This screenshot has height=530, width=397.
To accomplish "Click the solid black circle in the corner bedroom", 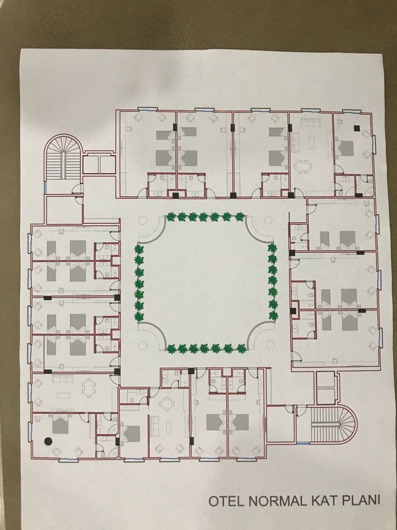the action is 48,441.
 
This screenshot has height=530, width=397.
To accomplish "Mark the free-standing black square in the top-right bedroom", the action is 357,128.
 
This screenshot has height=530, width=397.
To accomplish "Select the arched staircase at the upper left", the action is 63,157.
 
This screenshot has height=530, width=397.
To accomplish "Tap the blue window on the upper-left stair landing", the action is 44,187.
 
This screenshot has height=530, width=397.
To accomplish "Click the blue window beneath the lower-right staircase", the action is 302,443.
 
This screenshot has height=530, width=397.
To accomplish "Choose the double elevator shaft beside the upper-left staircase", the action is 99,164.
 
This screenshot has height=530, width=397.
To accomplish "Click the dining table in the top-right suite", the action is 301,166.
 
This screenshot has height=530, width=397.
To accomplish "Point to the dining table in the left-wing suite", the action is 88,388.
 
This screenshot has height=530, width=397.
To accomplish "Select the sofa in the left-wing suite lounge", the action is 63,378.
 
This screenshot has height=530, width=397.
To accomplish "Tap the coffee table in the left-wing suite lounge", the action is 63,395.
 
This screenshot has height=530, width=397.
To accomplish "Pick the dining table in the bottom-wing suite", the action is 167,403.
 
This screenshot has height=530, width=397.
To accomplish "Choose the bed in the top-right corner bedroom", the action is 346,148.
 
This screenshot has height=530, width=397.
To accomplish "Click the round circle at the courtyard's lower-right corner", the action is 270,345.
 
